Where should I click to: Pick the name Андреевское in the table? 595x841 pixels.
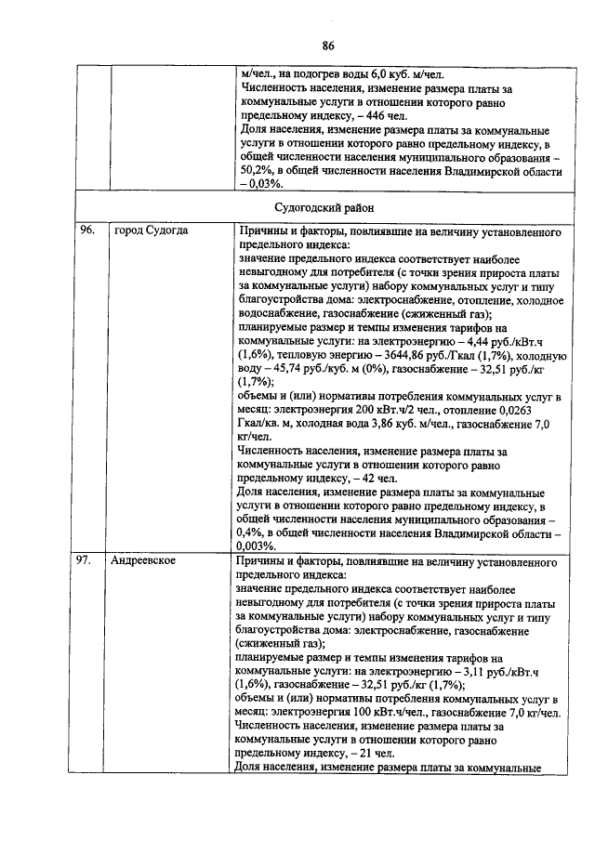144,562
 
